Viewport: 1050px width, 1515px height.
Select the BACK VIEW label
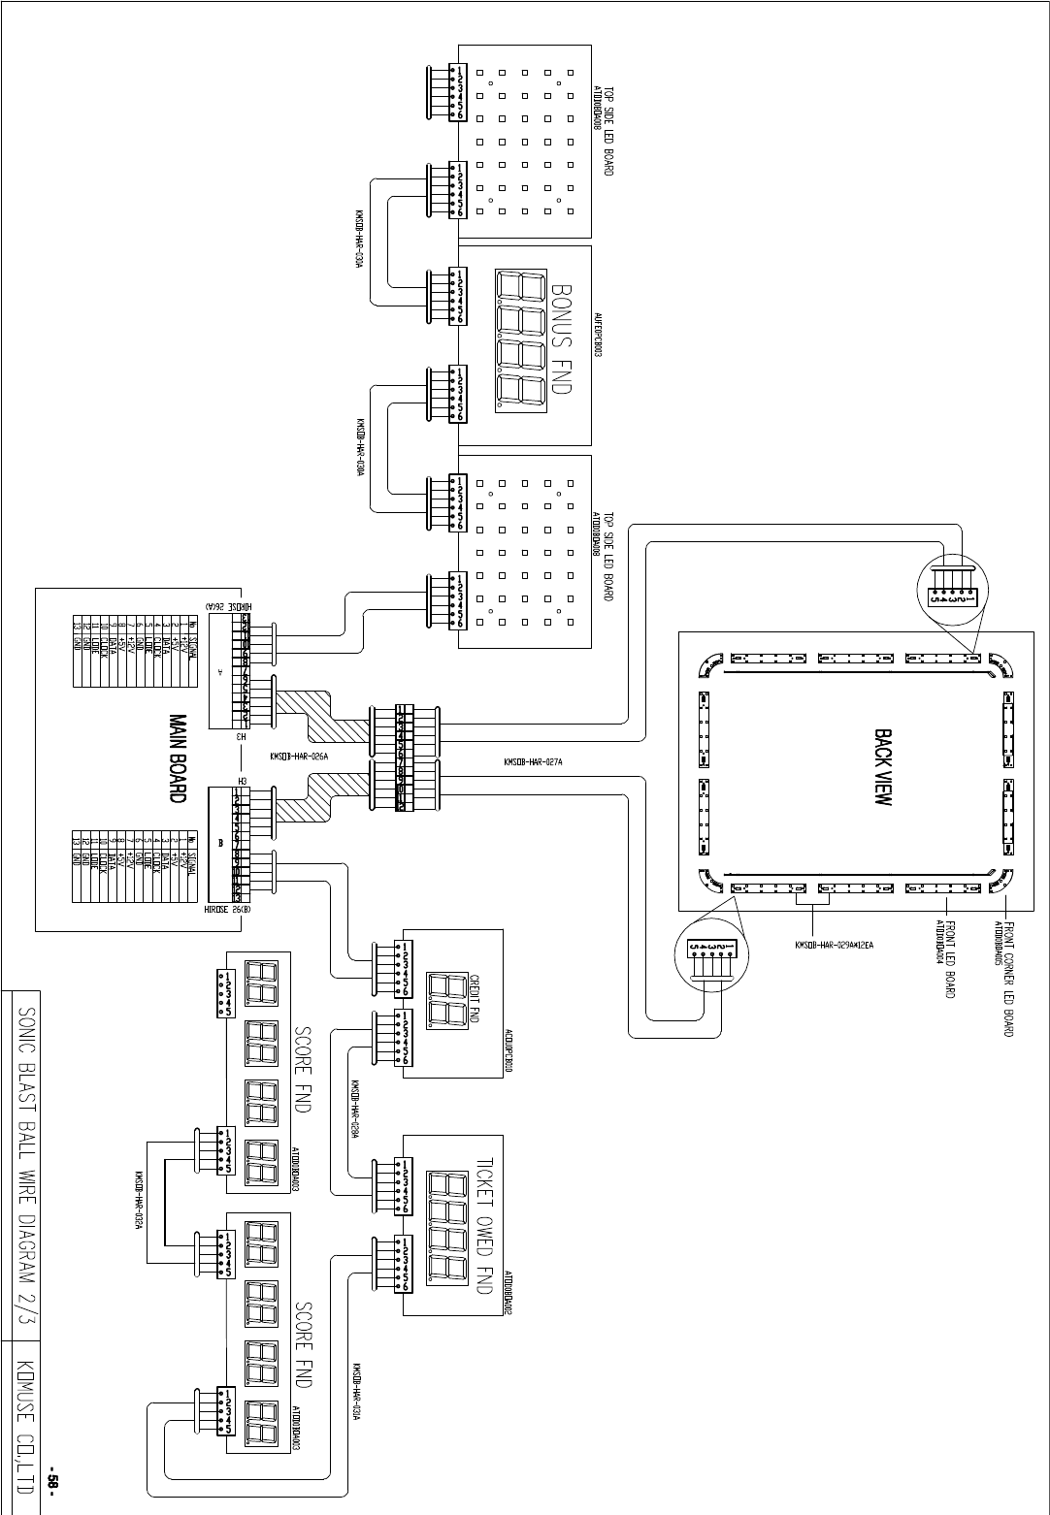tap(883, 771)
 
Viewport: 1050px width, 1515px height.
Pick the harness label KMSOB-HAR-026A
tap(300, 757)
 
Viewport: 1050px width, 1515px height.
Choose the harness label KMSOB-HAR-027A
tap(533, 762)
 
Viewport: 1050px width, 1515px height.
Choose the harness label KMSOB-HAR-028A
tap(356, 1112)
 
